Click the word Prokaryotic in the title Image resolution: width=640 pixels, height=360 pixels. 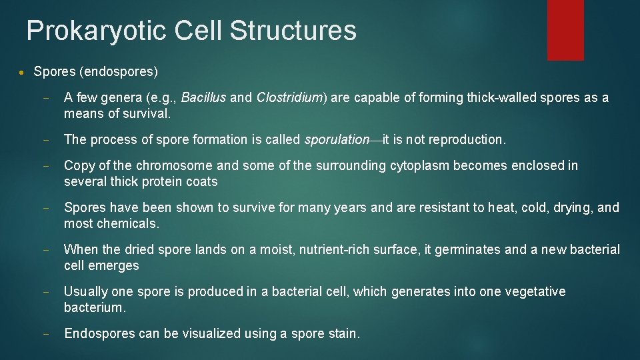point(95,31)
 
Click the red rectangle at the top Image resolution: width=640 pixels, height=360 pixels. point(565,30)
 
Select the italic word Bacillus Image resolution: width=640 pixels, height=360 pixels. point(203,98)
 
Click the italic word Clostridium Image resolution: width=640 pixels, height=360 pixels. point(289,98)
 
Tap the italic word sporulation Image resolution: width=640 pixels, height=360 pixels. point(337,140)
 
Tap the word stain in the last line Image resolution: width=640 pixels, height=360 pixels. point(342,334)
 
